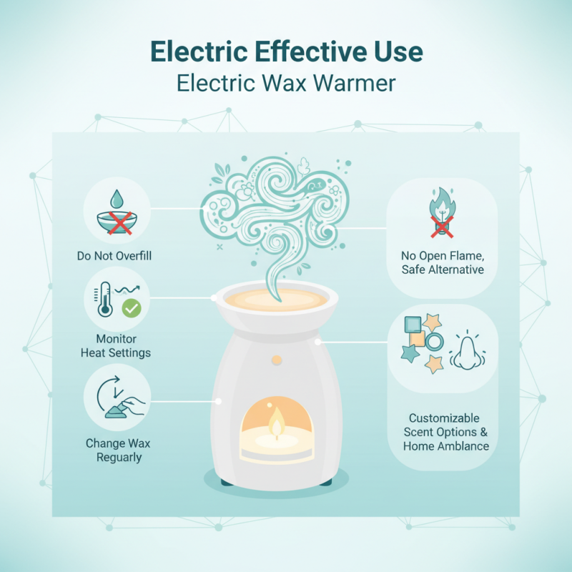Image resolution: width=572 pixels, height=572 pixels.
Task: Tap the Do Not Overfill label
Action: tap(115, 255)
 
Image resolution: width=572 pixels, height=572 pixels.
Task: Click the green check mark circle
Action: tap(132, 308)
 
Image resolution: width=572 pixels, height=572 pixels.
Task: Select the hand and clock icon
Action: tap(117, 395)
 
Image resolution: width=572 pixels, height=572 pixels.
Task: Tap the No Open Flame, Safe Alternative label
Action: tap(443, 262)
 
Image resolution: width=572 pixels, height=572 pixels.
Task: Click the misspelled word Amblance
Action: tap(463, 446)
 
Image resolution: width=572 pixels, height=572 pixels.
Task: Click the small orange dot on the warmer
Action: tap(276, 357)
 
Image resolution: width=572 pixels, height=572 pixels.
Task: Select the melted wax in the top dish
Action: tap(275, 300)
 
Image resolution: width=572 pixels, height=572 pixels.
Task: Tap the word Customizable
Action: tap(444, 418)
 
